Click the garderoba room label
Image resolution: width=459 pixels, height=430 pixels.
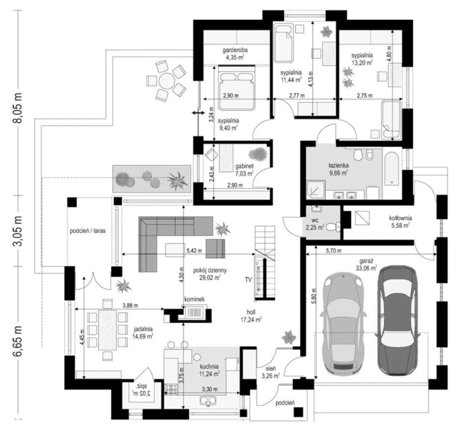point(235,50)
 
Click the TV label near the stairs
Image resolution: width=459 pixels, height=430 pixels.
point(248,279)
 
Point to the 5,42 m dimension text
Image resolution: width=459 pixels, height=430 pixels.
point(195,250)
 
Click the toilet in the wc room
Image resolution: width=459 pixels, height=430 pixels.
point(333,226)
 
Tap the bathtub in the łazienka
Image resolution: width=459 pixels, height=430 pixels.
point(391,169)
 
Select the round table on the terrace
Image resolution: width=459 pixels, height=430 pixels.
point(167,80)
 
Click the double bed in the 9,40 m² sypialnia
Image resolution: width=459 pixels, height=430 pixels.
point(236,88)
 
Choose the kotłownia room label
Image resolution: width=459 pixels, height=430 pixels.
point(400,218)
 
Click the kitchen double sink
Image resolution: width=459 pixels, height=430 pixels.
point(208,400)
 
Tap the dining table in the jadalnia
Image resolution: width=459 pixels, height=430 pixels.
point(108,330)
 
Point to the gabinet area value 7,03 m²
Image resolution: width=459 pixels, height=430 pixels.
point(244,174)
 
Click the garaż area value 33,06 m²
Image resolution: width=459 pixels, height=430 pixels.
point(368,268)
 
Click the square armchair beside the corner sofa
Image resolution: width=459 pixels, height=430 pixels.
point(215,248)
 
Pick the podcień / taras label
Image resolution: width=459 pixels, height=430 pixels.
point(87,231)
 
